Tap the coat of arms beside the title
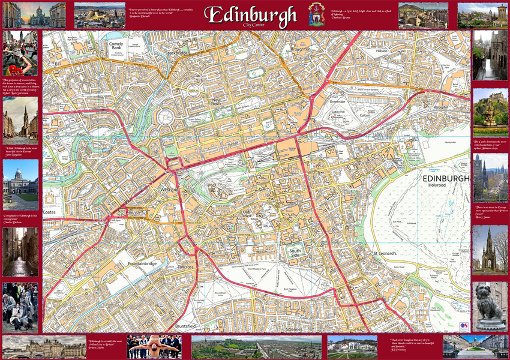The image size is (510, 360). click(316, 14)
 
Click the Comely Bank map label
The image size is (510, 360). click(116, 47)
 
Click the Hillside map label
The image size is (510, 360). click(382, 52)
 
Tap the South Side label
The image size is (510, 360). click(295, 253)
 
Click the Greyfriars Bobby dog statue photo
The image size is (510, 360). click(490, 306)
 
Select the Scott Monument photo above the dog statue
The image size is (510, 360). click(490, 249)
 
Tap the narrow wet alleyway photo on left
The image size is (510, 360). click(20, 251)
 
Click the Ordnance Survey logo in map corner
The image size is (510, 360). click(463, 326)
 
